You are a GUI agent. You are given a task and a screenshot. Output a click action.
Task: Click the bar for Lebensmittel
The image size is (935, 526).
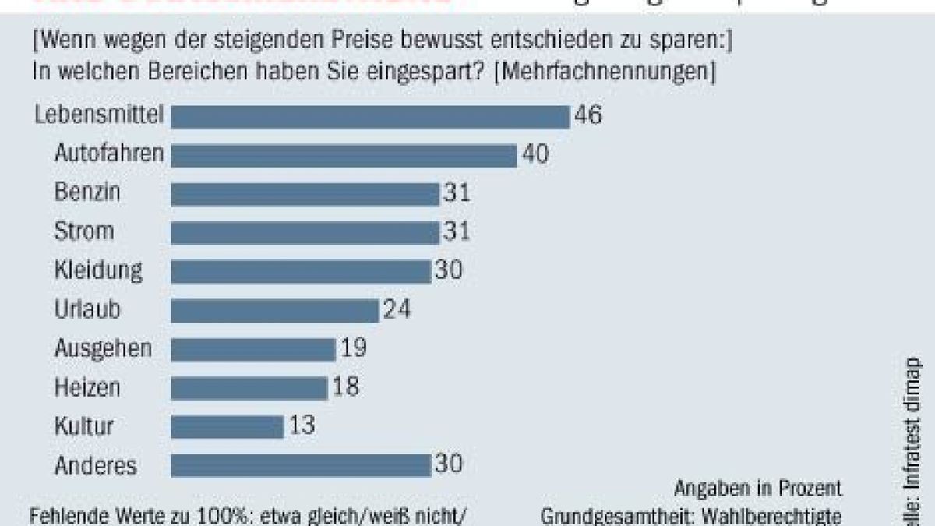coord(370,116)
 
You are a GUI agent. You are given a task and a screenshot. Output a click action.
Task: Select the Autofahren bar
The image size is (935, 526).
coord(344,154)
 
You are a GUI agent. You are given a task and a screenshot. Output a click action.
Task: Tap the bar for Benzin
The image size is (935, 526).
coord(305,193)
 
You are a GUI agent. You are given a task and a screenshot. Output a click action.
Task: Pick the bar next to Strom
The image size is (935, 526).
coord(305,232)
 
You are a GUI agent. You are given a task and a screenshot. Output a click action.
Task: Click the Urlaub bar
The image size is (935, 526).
coord(274,310)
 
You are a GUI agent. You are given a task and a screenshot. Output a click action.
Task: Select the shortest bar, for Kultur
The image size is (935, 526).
coord(227,427)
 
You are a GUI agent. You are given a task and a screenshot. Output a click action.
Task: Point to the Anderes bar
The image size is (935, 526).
coord(301,466)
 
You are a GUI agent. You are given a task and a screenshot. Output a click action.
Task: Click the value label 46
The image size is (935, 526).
coord(588,115)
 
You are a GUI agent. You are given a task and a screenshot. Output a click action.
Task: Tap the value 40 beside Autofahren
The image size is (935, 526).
coord(535,154)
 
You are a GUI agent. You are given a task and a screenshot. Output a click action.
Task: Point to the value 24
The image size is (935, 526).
coord(397,310)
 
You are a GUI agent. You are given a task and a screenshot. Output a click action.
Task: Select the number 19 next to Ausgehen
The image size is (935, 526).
coord(353,348)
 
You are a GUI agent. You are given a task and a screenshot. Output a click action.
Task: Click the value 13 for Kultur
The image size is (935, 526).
coord(302,426)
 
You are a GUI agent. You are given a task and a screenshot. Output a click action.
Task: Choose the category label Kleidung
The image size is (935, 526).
coord(99,270)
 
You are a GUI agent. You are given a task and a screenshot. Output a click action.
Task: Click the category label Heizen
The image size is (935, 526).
coord(88,387)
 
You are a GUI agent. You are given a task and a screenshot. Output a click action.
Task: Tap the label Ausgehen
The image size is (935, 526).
coord(103,349)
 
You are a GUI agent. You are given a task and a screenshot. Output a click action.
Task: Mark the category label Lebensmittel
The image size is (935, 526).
coord(100,115)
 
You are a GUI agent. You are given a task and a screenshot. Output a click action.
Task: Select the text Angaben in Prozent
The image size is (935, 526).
coord(758,489)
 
